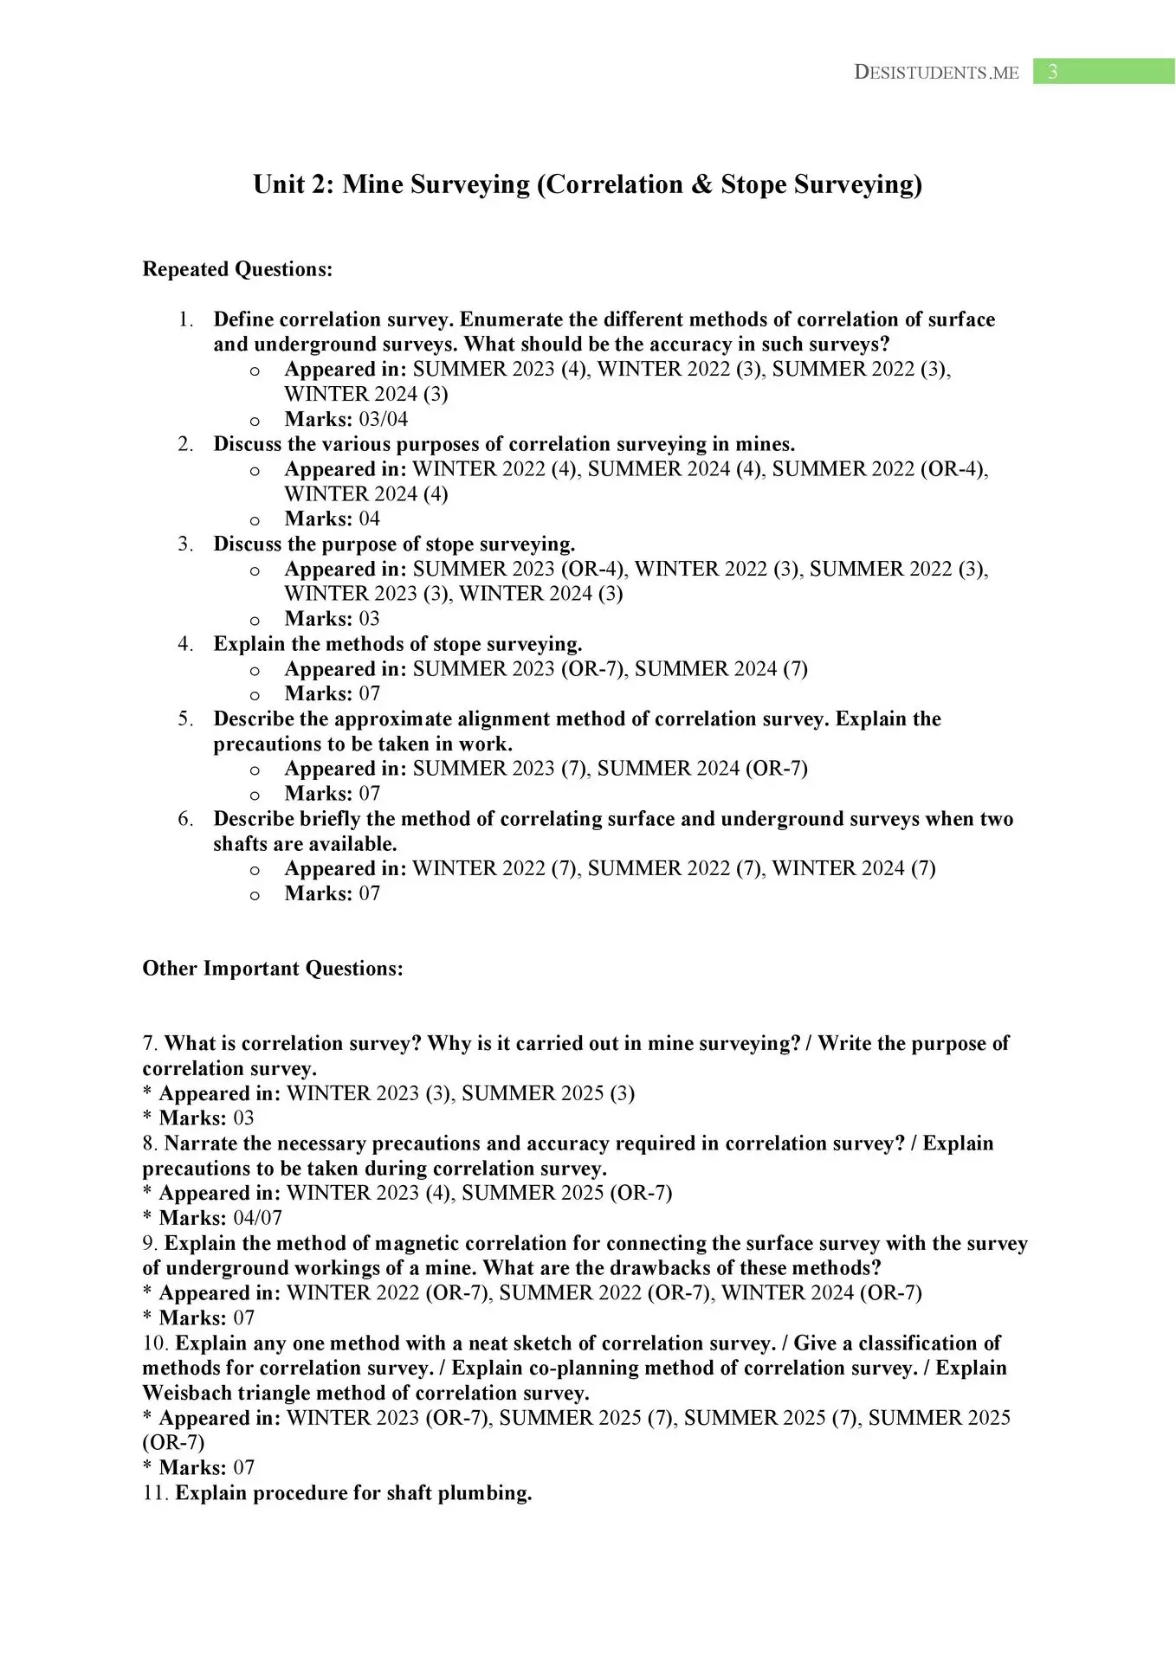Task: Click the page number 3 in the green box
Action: click(1052, 72)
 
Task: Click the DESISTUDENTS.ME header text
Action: click(936, 73)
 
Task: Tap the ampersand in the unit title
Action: click(701, 184)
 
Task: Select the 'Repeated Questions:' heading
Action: click(237, 269)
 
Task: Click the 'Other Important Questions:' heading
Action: click(273, 968)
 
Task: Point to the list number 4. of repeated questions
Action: click(185, 644)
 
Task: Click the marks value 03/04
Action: click(383, 419)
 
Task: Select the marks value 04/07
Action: click(258, 1218)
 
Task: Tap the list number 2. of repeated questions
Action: click(185, 444)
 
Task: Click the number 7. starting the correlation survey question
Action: click(151, 1044)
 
